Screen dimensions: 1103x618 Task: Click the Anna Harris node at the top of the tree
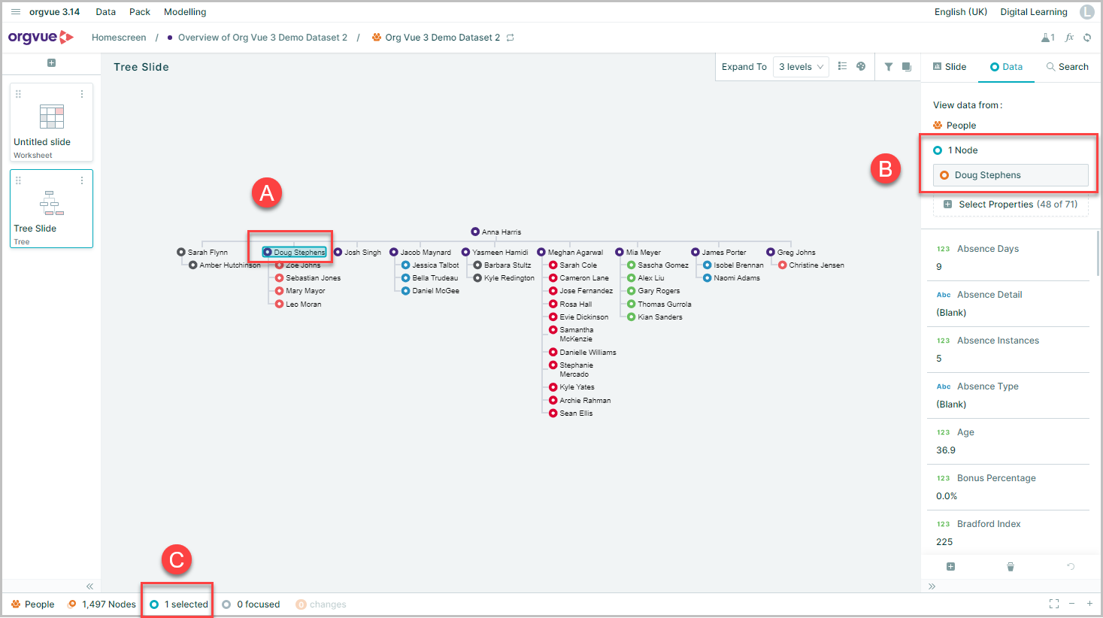pyautogui.click(x=496, y=232)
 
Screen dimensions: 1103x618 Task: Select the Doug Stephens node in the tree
pyautogui.click(x=295, y=252)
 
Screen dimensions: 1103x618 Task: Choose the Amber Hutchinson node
pyautogui.click(x=225, y=265)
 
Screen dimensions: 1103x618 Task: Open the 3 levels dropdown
pyautogui.click(x=801, y=67)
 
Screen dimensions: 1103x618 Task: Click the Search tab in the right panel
pyautogui.click(x=1067, y=67)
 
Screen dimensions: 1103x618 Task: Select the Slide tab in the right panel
pyautogui.click(x=950, y=67)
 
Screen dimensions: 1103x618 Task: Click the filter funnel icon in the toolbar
pyautogui.click(x=888, y=67)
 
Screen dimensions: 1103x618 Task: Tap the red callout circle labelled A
pyautogui.click(x=267, y=192)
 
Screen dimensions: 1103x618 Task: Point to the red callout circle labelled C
pyautogui.click(x=177, y=560)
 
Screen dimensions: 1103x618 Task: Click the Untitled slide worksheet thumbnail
pyautogui.click(x=51, y=122)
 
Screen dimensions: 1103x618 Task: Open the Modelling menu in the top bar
pyautogui.click(x=185, y=12)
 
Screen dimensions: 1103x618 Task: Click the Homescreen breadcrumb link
pyautogui.click(x=119, y=38)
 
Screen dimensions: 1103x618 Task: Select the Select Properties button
pyautogui.click(x=1011, y=204)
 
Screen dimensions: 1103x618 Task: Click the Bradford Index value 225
pyautogui.click(x=944, y=542)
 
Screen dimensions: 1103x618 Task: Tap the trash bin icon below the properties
pyautogui.click(x=1011, y=567)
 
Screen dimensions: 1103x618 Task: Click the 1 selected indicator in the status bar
pyautogui.click(x=179, y=604)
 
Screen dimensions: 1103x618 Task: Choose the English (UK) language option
pyautogui.click(x=961, y=12)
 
